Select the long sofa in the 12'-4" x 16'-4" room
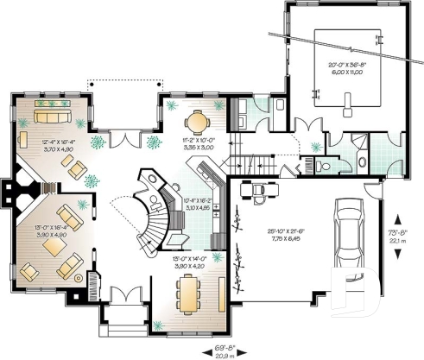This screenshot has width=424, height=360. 54,115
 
